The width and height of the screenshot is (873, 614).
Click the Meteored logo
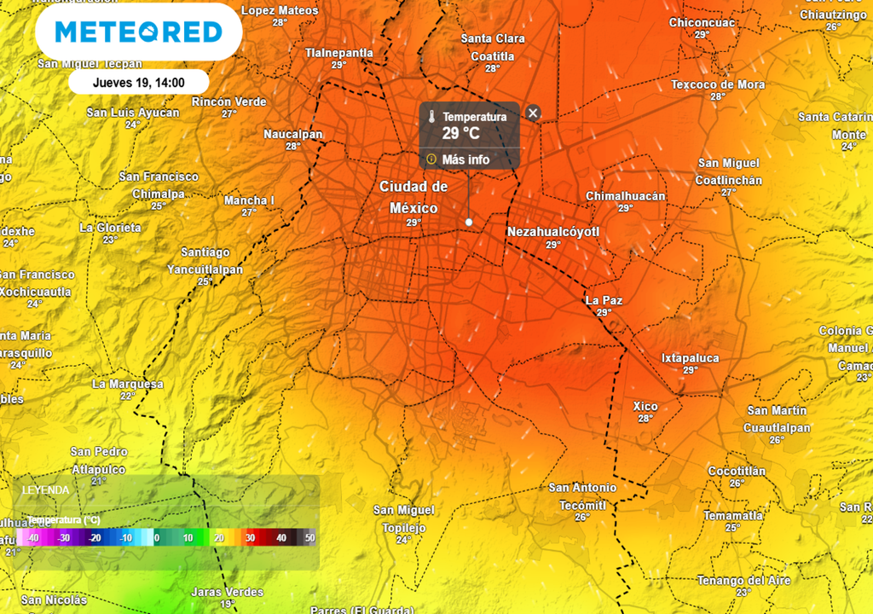(138, 32)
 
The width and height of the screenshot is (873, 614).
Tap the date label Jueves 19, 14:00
(138, 83)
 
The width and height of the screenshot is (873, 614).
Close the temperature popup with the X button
(533, 113)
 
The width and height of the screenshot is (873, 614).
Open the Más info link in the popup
(465, 159)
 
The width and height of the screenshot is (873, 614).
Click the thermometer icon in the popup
(432, 117)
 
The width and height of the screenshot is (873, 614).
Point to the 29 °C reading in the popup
(460, 133)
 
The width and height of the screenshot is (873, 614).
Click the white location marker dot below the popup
(469, 222)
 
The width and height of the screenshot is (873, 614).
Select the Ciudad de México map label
(413, 197)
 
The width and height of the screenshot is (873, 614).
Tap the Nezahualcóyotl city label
(553, 232)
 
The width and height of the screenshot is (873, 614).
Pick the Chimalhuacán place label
(625, 196)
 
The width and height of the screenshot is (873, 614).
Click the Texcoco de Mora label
(718, 84)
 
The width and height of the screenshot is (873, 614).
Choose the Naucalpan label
(292, 135)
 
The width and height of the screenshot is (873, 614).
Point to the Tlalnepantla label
(339, 53)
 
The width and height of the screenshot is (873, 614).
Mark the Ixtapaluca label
(690, 358)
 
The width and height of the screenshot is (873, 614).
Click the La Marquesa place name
(128, 384)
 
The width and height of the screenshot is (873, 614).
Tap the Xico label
(645, 406)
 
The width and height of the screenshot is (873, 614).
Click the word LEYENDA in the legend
(46, 490)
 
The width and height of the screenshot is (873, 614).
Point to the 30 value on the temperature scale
(250, 538)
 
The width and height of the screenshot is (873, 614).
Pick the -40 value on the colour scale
(32, 538)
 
